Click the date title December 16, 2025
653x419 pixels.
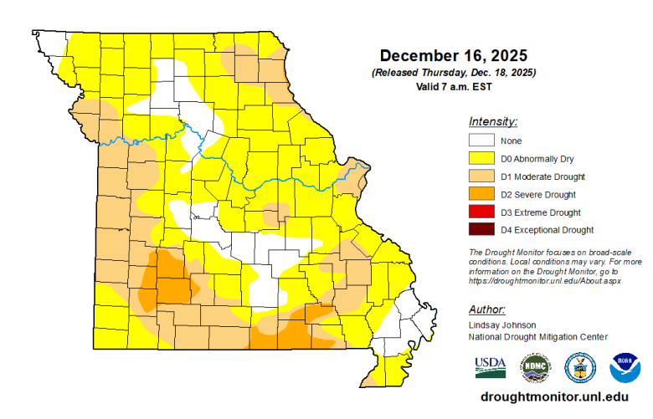453,56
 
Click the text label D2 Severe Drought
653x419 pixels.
539,195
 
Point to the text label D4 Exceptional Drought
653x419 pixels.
547,230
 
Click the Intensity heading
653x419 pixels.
493,121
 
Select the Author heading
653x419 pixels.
486,308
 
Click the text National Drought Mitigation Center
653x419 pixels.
538,336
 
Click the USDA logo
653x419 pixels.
490,365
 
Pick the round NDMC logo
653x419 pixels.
536,366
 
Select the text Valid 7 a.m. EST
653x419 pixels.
453,87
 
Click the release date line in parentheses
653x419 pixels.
453,74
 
